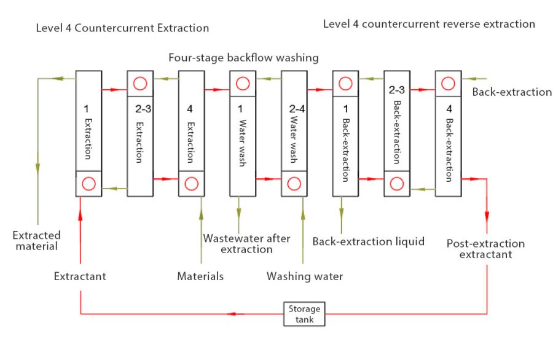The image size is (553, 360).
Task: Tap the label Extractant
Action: [80, 276]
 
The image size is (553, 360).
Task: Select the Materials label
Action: [200, 276]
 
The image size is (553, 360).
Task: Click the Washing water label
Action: [305, 276]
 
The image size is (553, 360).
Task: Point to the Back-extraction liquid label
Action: [369, 241]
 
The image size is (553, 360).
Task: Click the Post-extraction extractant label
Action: [485, 249]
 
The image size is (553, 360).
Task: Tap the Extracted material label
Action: [37, 241]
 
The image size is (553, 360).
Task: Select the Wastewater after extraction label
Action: [246, 244]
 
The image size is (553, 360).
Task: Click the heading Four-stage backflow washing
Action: [244, 58]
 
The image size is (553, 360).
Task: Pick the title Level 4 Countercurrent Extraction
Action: [122, 28]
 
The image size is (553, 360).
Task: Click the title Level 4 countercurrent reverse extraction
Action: [429, 24]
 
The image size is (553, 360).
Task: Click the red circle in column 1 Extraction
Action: [88, 183]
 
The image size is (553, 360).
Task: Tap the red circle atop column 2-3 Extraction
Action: [140, 82]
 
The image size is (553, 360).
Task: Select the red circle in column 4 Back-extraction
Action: [449, 82]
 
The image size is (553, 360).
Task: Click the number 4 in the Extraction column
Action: [191, 109]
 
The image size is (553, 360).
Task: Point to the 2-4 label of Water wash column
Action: [294, 109]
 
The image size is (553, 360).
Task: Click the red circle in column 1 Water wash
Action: [243, 82]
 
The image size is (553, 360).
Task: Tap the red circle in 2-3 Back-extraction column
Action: [397, 183]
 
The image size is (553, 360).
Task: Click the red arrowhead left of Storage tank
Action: [231, 314]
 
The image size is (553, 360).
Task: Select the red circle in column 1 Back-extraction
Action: [345, 82]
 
